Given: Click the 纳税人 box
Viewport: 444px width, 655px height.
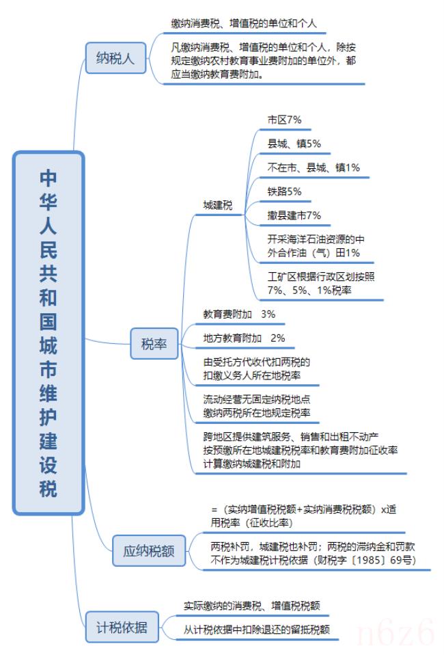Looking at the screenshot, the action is pyautogui.click(x=115, y=58).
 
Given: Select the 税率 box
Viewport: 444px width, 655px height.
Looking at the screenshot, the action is pyautogui.click(x=154, y=344).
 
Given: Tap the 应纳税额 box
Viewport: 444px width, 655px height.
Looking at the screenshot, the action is pyautogui.click(x=148, y=550).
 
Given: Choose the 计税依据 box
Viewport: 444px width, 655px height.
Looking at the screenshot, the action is pyautogui.click(x=122, y=626).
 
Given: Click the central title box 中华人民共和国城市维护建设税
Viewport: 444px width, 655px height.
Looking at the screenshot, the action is pyautogui.click(x=48, y=333).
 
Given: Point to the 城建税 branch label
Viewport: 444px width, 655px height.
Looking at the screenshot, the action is pyautogui.click(x=217, y=205).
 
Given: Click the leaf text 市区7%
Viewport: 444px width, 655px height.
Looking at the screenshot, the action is pyautogui.click(x=284, y=120).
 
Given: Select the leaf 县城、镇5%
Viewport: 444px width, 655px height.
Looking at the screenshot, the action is pyautogui.click(x=294, y=144).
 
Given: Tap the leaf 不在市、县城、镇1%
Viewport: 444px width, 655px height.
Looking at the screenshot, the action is pyautogui.click(x=314, y=168).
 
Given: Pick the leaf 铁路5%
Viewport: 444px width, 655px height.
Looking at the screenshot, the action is pyautogui.click(x=284, y=191).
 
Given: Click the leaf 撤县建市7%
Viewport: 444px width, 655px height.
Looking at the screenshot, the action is pyautogui.click(x=294, y=215).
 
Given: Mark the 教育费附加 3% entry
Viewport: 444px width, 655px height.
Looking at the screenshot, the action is pyautogui.click(x=239, y=314).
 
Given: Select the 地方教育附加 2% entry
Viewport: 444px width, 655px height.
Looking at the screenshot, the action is pyautogui.click(x=244, y=338).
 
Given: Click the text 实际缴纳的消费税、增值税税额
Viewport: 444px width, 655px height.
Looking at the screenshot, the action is pyautogui.click(x=251, y=605).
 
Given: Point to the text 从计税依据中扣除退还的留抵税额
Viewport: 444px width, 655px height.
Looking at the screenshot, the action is pyautogui.click(x=257, y=629).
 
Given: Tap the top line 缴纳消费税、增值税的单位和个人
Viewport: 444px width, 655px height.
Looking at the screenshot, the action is pyautogui.click(x=244, y=23).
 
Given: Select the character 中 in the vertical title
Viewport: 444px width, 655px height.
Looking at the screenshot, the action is pyautogui.click(x=48, y=178).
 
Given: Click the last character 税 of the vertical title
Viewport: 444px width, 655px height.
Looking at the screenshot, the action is pyautogui.click(x=48, y=489).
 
